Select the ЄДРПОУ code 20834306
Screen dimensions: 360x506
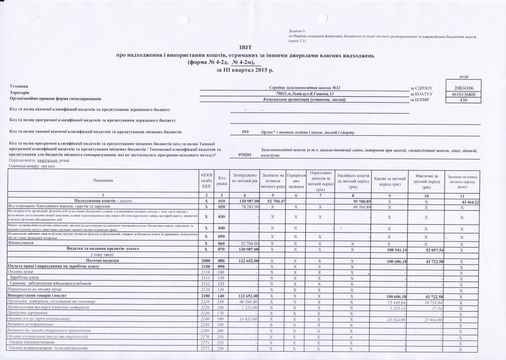pyautogui.click(x=458, y=88)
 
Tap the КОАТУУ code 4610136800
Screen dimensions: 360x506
pyautogui.click(x=458, y=94)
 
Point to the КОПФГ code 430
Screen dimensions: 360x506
pyautogui.click(x=458, y=100)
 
